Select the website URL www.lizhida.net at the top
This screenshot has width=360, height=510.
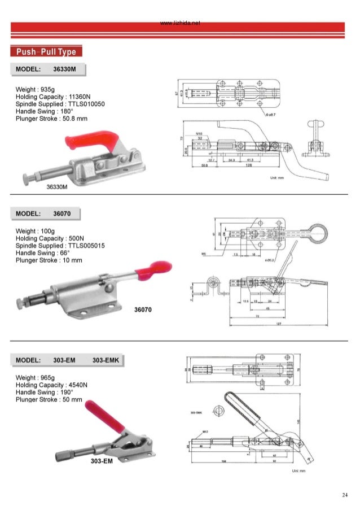(180, 24)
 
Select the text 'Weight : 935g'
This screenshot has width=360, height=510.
(35, 89)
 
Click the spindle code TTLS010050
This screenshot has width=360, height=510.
(85, 104)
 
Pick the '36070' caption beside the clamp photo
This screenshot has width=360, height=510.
(143, 310)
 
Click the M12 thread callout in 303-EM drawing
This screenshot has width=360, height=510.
(206, 431)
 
